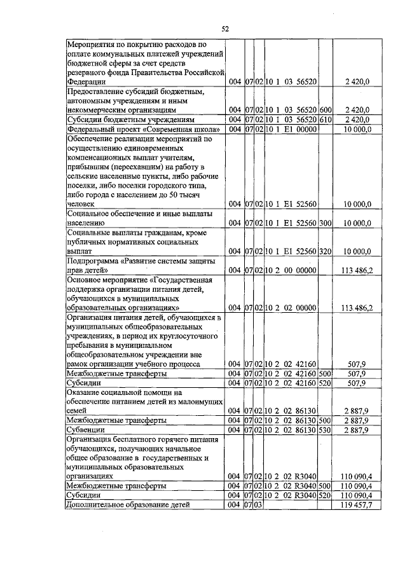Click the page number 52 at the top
(224, 29)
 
